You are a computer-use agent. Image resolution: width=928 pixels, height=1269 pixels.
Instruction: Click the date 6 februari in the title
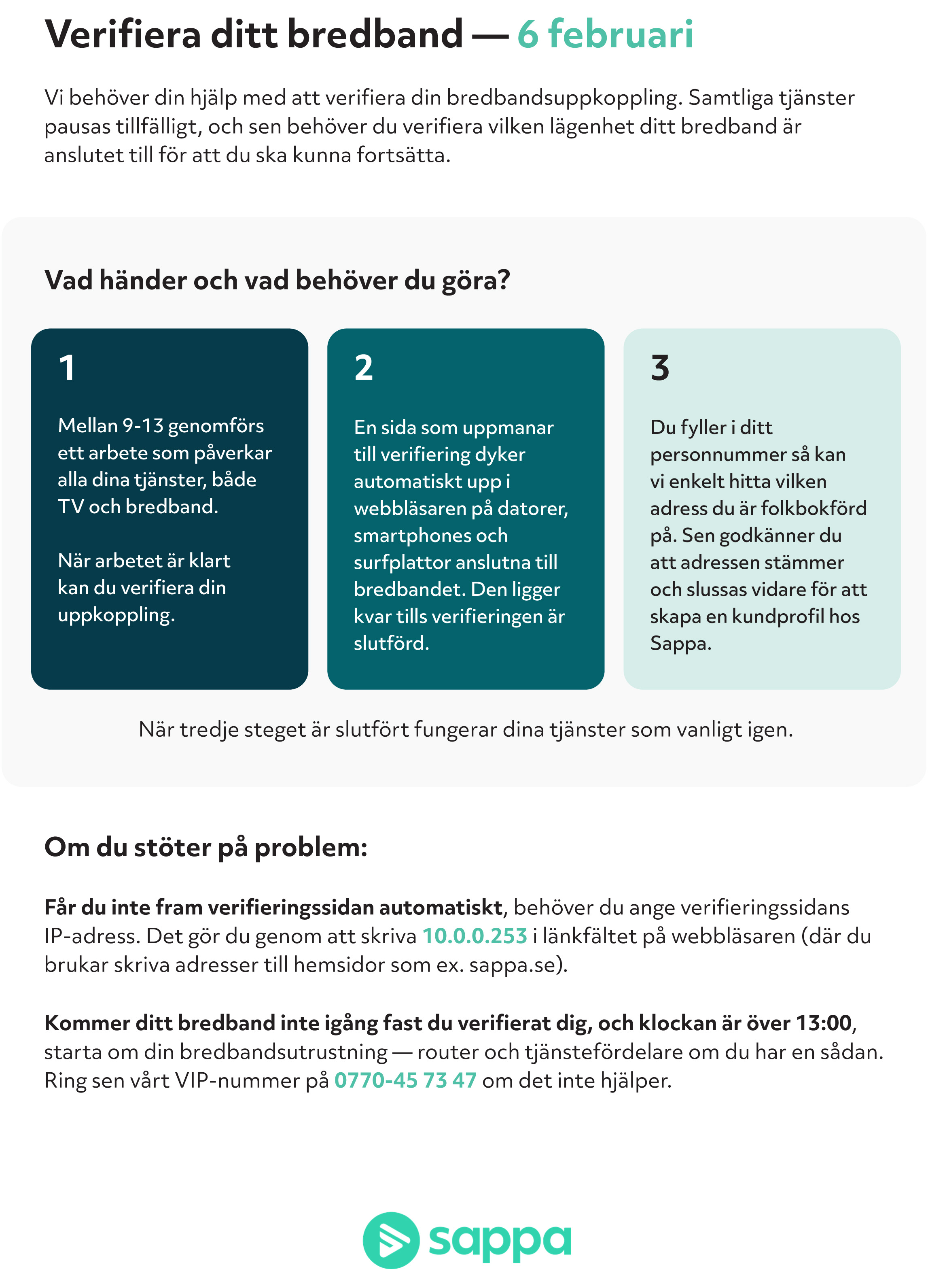(x=605, y=35)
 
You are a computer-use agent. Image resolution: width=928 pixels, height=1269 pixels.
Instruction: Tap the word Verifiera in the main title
(x=123, y=35)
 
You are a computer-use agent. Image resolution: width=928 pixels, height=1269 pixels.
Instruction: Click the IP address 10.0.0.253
(x=475, y=936)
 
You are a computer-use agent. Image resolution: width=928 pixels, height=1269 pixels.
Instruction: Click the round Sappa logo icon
(x=391, y=1240)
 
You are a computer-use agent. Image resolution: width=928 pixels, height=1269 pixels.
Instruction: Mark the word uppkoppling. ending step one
(x=116, y=615)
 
